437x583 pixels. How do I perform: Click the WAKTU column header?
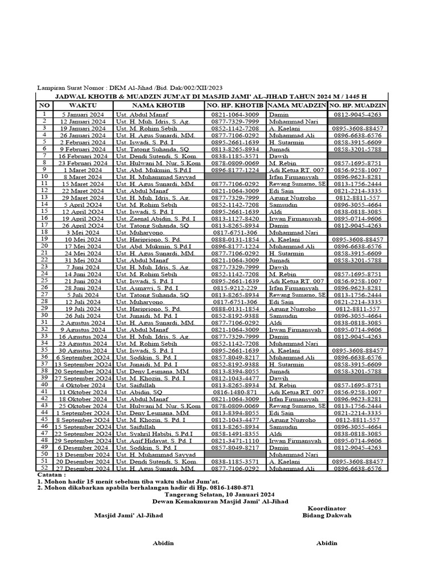[x=83, y=105]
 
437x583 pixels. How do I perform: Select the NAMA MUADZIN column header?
[x=296, y=105]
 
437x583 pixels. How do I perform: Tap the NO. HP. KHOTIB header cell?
[x=234, y=105]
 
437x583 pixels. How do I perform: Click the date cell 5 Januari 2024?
[x=83, y=114]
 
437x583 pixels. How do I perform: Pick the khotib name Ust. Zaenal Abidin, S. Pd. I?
[x=155, y=218]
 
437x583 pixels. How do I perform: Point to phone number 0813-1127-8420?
[x=235, y=218]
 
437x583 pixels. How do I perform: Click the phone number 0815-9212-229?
[x=235, y=289]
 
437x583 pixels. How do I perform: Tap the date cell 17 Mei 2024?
[x=83, y=247]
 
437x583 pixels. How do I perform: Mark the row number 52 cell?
[x=44, y=468]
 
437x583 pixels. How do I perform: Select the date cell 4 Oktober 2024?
[x=83, y=385]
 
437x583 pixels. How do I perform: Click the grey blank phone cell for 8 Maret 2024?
[x=235, y=177]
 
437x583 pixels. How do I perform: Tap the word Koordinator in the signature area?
[x=327, y=507]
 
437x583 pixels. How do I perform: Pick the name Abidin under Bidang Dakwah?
[x=327, y=543]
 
